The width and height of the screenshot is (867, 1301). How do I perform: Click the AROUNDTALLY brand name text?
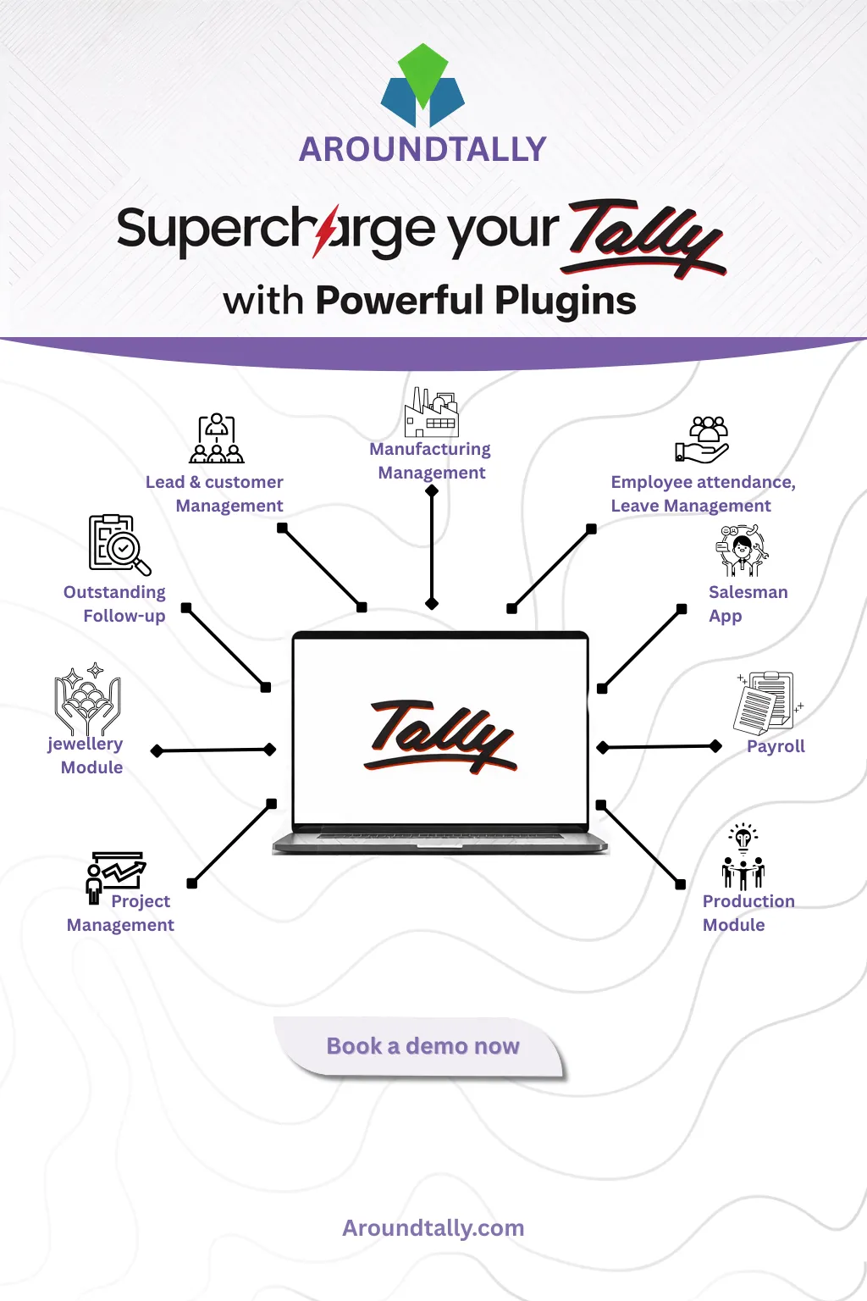(422, 149)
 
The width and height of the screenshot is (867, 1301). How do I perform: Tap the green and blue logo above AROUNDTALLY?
(422, 86)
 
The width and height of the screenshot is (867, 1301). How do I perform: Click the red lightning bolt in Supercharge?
(326, 230)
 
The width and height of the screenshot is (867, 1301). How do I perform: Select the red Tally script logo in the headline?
(645, 238)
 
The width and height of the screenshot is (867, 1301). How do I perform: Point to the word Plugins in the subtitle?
(566, 301)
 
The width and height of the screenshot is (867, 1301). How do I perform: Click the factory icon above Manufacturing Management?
(431, 412)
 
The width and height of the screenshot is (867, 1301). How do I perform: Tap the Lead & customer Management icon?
(217, 438)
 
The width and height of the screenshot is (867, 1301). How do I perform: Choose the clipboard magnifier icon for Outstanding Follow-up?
(119, 544)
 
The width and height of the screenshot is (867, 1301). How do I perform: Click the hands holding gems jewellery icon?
(88, 700)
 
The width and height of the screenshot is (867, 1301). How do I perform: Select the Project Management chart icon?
(116, 875)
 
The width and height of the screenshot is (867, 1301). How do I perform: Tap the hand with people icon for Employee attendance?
(702, 440)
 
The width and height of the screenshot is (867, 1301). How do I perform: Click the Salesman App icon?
(742, 550)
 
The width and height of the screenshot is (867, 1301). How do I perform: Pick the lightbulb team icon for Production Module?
(743, 856)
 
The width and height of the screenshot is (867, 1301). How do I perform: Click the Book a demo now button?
(422, 1047)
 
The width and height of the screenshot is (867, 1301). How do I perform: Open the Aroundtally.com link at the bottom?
(433, 1228)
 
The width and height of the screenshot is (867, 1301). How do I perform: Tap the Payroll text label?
(776, 746)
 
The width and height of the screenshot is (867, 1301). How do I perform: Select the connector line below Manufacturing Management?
(432, 546)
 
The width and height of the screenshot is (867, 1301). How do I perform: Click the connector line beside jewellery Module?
(213, 750)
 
